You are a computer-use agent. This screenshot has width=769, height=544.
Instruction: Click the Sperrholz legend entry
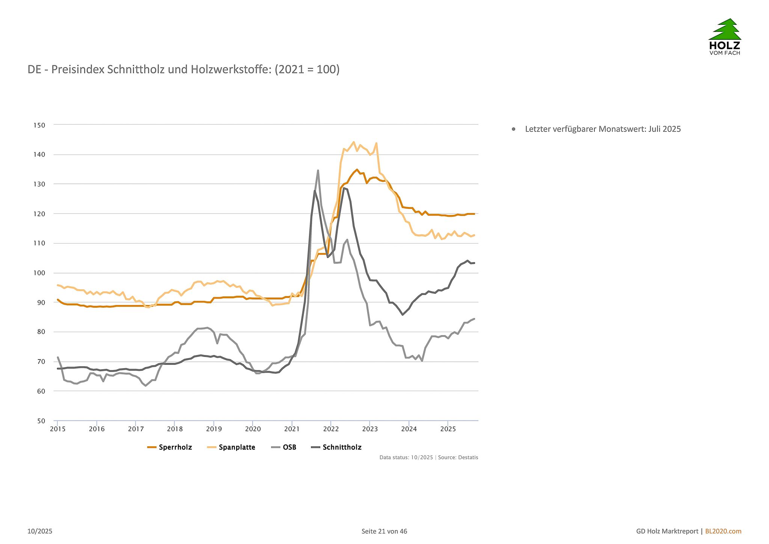(170, 447)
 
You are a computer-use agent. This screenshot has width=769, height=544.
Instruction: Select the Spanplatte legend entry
(231, 447)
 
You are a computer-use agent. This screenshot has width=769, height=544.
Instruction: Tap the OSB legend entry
(284, 447)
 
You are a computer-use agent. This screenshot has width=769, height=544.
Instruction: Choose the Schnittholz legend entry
(337, 447)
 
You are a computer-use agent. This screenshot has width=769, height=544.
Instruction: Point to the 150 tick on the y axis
(39, 125)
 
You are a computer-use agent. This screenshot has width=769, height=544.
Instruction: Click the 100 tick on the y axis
(39, 273)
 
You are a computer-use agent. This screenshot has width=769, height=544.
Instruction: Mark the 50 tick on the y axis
(41, 421)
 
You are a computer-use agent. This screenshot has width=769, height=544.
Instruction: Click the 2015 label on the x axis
(57, 429)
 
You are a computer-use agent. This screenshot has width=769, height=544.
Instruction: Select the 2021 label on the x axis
(292, 429)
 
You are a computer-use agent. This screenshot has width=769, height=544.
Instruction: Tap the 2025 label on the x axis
(448, 429)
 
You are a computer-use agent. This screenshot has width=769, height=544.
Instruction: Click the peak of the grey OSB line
(318, 171)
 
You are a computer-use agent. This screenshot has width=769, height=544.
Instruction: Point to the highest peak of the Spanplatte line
(354, 142)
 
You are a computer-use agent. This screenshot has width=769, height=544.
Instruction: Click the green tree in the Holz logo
(725, 29)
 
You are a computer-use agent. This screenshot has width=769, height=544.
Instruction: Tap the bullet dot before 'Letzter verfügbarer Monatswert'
(514, 129)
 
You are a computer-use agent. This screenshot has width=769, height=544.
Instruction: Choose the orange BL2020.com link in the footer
(723, 531)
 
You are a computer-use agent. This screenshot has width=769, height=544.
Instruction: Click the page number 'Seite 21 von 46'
(384, 531)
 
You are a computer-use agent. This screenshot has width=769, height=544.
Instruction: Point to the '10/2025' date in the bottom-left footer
(40, 531)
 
